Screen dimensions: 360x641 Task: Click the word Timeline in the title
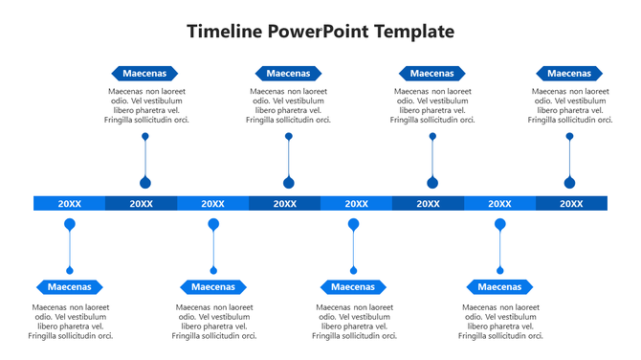[x=225, y=32]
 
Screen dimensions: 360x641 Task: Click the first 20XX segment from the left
[x=69, y=203]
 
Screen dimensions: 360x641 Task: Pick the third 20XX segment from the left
[x=212, y=203]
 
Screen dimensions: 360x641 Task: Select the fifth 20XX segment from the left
[x=356, y=203]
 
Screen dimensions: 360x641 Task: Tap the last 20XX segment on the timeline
[x=571, y=203]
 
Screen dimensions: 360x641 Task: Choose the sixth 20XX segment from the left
[x=428, y=203]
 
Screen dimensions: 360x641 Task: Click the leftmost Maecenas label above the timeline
[x=144, y=73]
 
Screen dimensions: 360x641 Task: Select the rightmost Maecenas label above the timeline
[x=569, y=73]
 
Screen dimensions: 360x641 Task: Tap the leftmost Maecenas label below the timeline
[x=70, y=286]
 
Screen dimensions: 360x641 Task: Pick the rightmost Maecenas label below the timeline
[x=499, y=286]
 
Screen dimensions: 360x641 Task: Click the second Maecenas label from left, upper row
[x=288, y=73]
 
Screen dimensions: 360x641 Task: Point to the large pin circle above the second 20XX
[x=145, y=183]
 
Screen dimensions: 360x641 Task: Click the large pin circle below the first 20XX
[x=69, y=224]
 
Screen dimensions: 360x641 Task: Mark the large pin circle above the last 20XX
[x=570, y=183]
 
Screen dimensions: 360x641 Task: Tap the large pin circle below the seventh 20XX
[x=499, y=224]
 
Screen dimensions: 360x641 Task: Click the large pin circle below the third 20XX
[x=213, y=224]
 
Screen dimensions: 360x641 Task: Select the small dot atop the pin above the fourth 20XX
[x=289, y=137]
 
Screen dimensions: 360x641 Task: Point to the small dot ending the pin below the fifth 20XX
[x=353, y=270]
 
